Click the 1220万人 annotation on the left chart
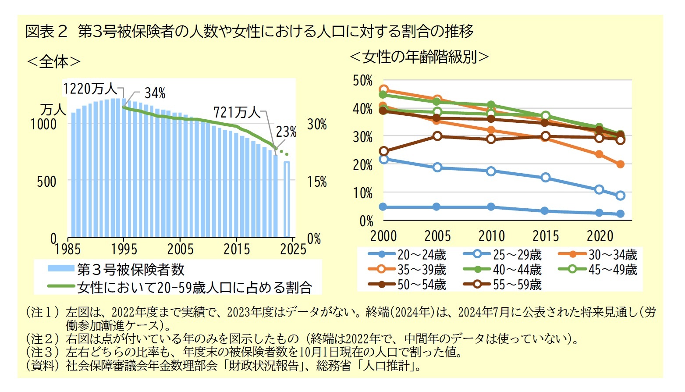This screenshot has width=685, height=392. coord(90,89)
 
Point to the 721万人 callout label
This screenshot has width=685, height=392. coord(236,112)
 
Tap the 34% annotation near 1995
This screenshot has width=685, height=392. coord(155,93)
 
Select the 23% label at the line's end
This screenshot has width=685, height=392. coord(286,132)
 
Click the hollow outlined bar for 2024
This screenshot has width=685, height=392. coord(287,199)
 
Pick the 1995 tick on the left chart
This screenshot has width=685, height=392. coord(124,249)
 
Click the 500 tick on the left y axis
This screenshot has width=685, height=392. coord(46,181)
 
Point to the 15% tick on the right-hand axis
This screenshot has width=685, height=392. coord(316,182)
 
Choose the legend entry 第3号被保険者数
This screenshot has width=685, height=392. coord(131,269)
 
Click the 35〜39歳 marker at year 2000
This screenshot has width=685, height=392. coord(383,90)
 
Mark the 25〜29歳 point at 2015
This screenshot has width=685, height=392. coord(545,178)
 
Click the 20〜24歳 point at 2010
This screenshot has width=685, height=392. coord(491,207)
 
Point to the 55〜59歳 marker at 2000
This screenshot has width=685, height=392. coord(383,151)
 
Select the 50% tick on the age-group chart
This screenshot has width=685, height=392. coord(362,81)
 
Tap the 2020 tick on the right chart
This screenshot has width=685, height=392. coord(600,236)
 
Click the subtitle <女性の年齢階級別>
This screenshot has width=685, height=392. coord(419,57)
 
